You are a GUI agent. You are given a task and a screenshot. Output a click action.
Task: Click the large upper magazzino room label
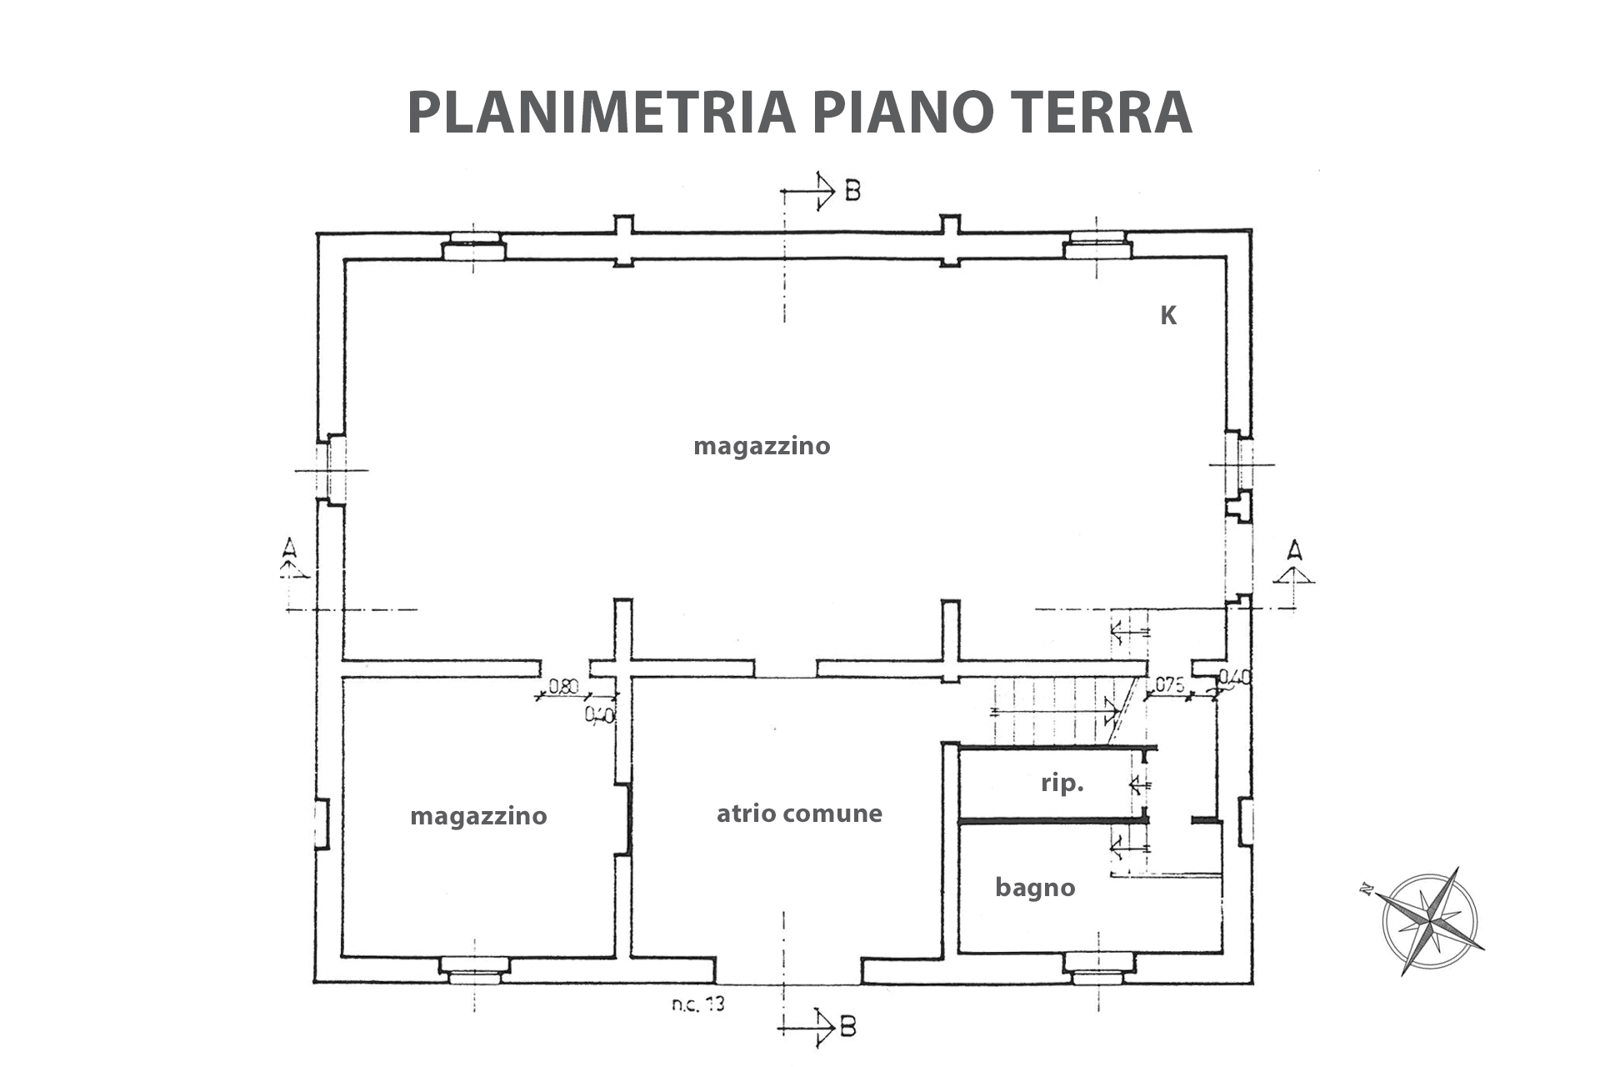(x=762, y=446)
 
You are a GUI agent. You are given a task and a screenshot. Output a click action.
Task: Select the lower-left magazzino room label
(x=478, y=815)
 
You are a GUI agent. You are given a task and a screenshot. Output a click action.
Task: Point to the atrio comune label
(x=799, y=813)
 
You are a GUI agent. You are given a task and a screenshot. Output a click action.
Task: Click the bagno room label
(x=1035, y=888)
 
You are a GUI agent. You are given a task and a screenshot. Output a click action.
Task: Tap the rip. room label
(x=1062, y=784)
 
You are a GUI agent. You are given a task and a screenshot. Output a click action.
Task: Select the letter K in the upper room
(x=1168, y=316)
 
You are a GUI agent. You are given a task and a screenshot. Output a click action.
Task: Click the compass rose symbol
(x=1428, y=921)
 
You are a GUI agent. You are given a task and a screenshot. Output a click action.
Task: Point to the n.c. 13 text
(x=698, y=1004)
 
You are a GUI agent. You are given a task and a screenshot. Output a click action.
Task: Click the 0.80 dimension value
(x=563, y=687)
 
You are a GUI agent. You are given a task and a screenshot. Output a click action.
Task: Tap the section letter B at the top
(x=852, y=191)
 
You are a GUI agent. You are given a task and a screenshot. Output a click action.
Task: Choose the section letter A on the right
(x=1293, y=550)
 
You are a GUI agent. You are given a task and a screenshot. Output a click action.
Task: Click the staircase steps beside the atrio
(x=1054, y=711)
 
